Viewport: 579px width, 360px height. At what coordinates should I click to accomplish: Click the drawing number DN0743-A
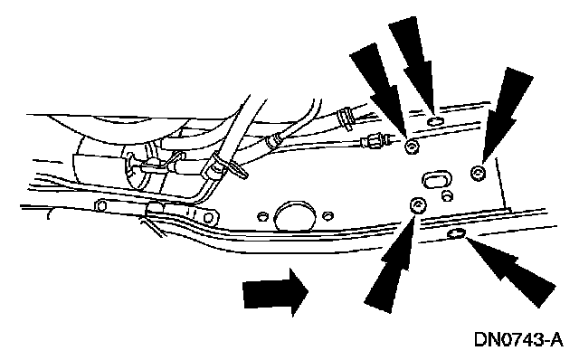click(518, 339)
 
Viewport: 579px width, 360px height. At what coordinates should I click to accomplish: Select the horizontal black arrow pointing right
click(275, 292)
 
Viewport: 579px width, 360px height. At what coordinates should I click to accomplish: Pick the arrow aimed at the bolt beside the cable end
click(380, 90)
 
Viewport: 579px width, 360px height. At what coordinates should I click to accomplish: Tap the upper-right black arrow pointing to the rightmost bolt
click(505, 115)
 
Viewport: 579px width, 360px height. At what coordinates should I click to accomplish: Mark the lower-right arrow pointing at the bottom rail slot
click(511, 271)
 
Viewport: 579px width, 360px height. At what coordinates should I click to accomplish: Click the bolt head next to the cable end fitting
click(412, 147)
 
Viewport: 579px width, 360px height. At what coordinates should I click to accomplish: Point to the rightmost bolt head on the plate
click(479, 172)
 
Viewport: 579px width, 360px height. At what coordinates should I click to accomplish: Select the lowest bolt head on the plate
click(418, 205)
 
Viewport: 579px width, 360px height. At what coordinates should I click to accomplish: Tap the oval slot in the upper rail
click(435, 121)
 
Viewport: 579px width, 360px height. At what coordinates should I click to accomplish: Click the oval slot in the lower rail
click(456, 233)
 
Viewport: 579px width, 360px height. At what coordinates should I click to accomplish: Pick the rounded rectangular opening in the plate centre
click(436, 179)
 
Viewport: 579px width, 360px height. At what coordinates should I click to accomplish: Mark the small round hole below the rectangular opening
click(448, 195)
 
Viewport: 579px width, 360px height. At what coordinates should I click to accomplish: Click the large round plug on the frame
click(295, 217)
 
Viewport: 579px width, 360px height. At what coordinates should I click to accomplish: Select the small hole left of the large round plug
click(262, 216)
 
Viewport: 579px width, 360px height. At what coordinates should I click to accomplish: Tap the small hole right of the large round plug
click(327, 215)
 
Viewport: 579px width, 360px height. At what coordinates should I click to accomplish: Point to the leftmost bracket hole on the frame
click(100, 206)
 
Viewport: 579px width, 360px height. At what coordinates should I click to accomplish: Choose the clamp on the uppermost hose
click(346, 118)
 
